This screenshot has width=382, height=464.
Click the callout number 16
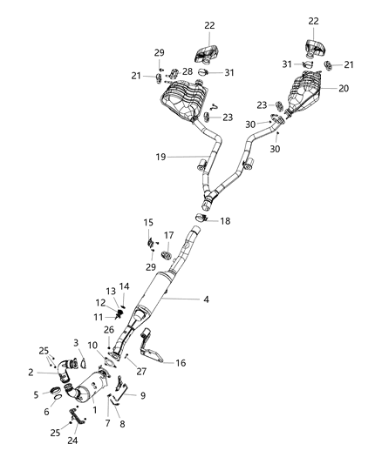click(x=181, y=364)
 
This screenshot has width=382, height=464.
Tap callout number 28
click(x=188, y=71)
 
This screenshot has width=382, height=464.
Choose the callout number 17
click(x=169, y=236)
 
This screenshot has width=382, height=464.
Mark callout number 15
click(x=148, y=223)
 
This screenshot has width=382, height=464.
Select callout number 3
click(x=76, y=343)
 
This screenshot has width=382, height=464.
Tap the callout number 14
click(x=125, y=286)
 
